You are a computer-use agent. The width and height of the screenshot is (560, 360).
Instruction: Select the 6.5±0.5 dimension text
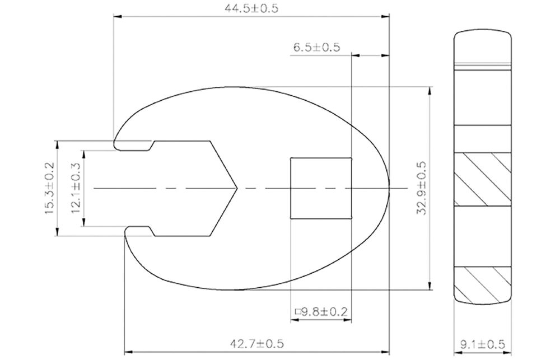(x=316, y=48)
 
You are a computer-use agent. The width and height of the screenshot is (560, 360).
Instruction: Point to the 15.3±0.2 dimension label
(x=49, y=188)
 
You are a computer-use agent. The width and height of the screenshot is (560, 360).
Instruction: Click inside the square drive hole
(x=321, y=188)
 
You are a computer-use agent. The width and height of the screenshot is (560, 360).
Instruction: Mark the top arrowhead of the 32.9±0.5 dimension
(x=430, y=90)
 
